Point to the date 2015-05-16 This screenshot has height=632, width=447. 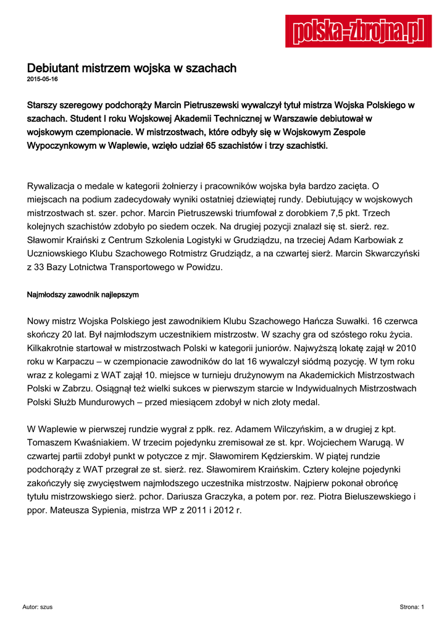[43, 80]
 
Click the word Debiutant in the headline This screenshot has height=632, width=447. [52, 68]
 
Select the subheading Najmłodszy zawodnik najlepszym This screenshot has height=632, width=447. [83, 295]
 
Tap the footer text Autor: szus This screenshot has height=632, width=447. [37, 607]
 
